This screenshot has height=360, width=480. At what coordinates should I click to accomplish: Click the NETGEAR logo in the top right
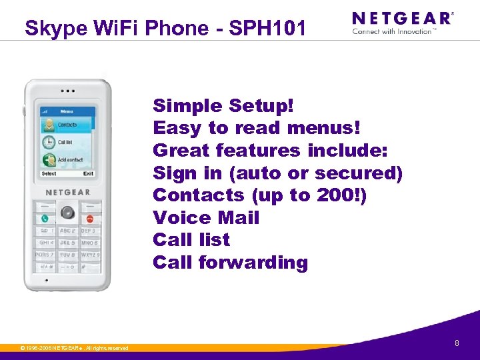pyautogui.click(x=402, y=19)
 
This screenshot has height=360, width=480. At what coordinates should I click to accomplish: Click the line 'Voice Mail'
pyautogui.click(x=206, y=218)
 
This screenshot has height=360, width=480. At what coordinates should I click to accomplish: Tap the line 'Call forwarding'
pyautogui.click(x=230, y=263)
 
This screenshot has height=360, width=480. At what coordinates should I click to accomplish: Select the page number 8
pyautogui.click(x=457, y=343)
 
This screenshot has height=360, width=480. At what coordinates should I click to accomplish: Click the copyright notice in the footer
pyautogui.click(x=74, y=348)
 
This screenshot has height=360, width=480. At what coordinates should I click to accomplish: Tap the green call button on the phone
pyautogui.click(x=45, y=217)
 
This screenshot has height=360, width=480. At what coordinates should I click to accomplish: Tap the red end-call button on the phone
pyautogui.click(x=89, y=217)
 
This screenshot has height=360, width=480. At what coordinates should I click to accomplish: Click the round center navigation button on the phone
pyautogui.click(x=67, y=213)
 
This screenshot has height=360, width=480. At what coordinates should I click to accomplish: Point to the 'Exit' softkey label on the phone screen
pyautogui.click(x=88, y=174)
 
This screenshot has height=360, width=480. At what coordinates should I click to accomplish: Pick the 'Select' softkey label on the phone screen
pyautogui.click(x=49, y=174)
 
